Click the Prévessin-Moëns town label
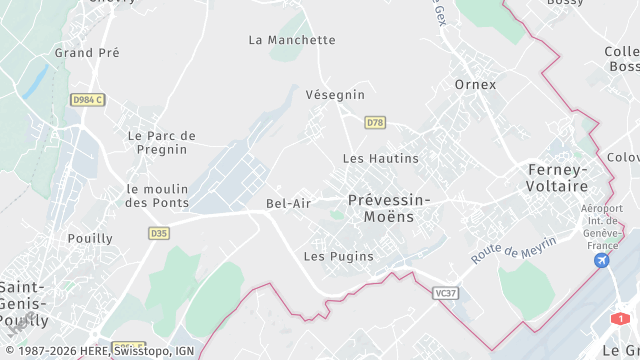coord(389,208)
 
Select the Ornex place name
coord(475,84)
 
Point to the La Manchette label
coord(292,40)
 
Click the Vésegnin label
coord(335,94)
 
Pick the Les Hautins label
coord(380,158)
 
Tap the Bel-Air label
coord(289,203)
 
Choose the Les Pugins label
coord(338,256)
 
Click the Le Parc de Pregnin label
coord(162,142)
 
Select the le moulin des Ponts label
coord(157,196)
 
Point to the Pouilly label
coord(90,239)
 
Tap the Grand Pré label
coord(87,52)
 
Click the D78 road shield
coord(375,122)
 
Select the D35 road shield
coord(158,233)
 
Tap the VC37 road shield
coord(446,293)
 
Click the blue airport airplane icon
coord(602,260)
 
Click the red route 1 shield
coord(621,318)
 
